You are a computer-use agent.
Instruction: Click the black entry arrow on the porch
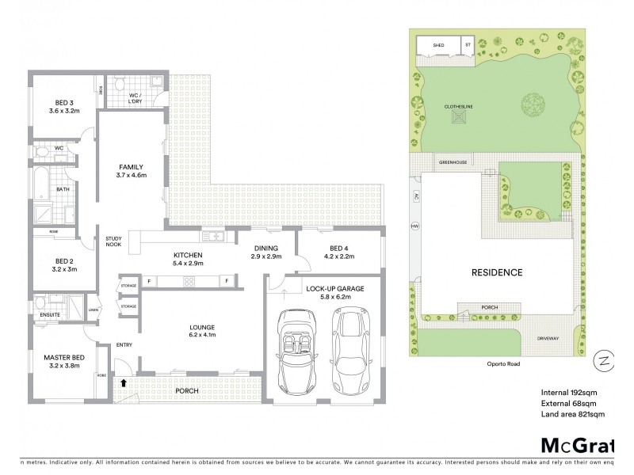[x=123, y=383]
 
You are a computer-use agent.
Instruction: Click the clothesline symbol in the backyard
[x=457, y=117]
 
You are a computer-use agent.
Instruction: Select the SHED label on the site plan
[x=438, y=45]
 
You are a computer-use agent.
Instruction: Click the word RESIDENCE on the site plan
[x=498, y=272]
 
